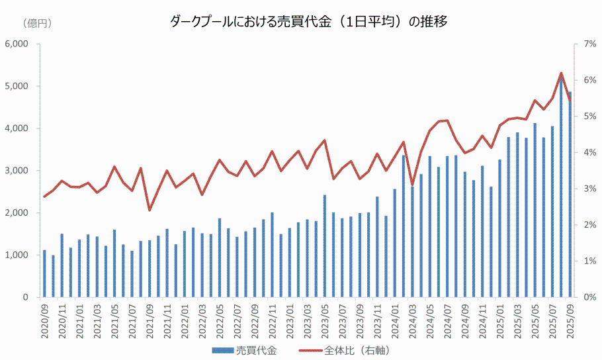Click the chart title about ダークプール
[309, 22]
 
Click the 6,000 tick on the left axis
[17, 44]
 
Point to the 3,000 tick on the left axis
[17, 171]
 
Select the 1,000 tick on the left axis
[17, 255]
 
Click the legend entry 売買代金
[255, 350]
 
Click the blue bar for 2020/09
[44, 274]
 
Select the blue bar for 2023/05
[324, 246]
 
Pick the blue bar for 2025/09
[569, 195]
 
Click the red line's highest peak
[561, 73]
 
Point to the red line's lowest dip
[150, 210]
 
